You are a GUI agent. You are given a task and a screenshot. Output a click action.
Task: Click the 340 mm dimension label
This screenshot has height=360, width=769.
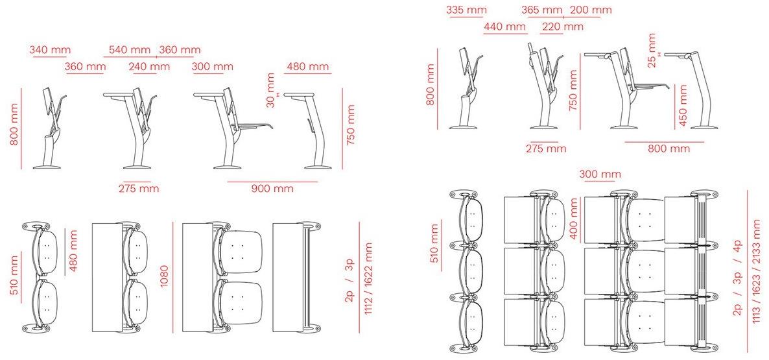[50, 49]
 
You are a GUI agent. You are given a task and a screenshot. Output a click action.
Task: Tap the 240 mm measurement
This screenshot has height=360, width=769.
[149, 66]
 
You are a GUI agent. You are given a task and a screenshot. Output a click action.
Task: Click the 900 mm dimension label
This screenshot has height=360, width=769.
[273, 188]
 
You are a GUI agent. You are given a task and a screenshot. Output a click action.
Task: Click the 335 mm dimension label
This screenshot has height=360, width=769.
[466, 10]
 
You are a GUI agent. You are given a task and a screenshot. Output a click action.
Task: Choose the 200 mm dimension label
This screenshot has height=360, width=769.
[591, 10]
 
